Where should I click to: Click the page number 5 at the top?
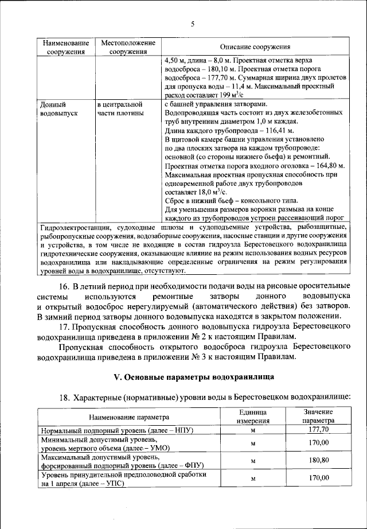(193, 24)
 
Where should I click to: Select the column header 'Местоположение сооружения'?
(128, 47)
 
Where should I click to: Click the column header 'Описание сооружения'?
(255, 47)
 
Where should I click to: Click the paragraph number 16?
(64, 286)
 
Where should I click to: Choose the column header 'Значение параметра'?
(318, 417)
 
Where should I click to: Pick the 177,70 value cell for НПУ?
(318, 430)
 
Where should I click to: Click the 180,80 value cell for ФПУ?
(318, 460)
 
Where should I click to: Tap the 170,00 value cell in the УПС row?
(318, 478)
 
